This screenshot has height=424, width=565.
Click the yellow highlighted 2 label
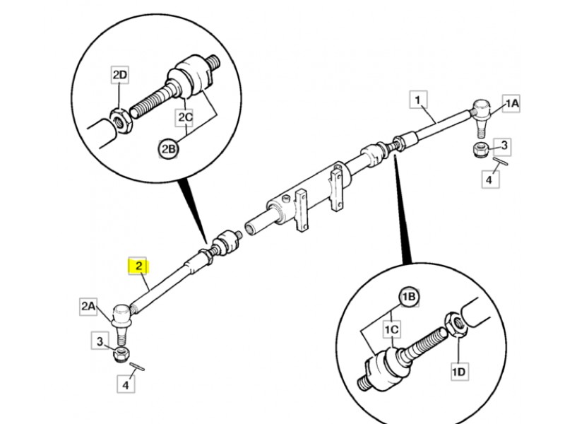click(x=139, y=266)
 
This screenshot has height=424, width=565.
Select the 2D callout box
click(x=120, y=75)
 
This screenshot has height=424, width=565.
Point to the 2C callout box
click(x=186, y=116)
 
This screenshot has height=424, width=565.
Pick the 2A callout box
click(x=88, y=305)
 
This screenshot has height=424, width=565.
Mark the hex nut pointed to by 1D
click(x=456, y=327)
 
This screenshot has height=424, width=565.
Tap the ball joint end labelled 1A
click(x=480, y=110)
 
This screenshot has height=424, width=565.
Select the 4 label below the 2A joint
click(x=126, y=386)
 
